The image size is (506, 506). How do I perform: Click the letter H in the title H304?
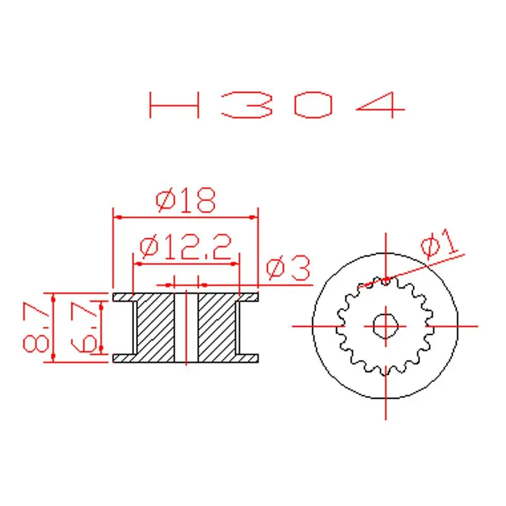coord(175,105)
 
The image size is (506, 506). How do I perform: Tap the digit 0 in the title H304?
coord(313,105)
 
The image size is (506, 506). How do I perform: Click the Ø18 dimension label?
coord(186,201)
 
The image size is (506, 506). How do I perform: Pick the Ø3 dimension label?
coord(288,269)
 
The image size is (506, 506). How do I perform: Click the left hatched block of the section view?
coord(156,326)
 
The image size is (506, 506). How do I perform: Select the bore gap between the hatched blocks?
coord(186,326)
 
